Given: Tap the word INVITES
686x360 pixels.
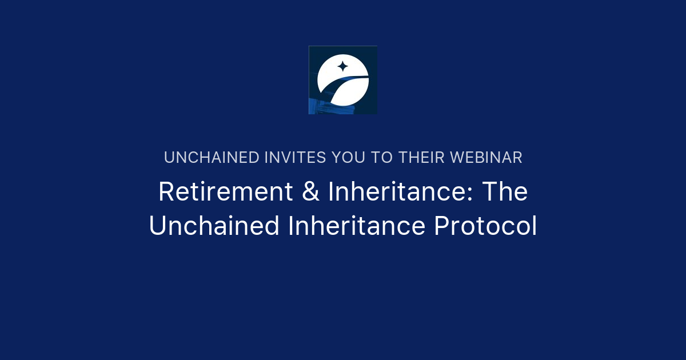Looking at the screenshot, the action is point(295,158).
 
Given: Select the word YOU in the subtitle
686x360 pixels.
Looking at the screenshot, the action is point(349,158).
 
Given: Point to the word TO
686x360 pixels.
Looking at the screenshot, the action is point(382,158).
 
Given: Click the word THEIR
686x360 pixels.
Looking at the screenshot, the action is point(421,158).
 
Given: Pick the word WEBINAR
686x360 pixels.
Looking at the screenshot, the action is point(486,158).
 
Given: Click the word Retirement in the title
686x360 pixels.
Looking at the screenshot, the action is point(226,191).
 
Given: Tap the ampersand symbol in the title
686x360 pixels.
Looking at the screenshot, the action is point(310,191).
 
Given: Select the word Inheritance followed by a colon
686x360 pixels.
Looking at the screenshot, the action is point(400,191).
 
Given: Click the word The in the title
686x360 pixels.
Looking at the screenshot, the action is point(505,191).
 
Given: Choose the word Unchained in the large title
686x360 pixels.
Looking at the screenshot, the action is point(214,226).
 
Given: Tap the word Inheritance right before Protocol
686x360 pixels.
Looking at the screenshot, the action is point(357,226).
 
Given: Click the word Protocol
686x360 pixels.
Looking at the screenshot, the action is point(486,226).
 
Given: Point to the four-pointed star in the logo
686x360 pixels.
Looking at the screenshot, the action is point(342,66).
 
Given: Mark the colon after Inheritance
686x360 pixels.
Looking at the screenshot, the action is point(469,194).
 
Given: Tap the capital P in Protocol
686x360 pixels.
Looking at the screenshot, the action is point(442,226).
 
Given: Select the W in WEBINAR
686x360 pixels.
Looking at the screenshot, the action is point(459,158).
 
